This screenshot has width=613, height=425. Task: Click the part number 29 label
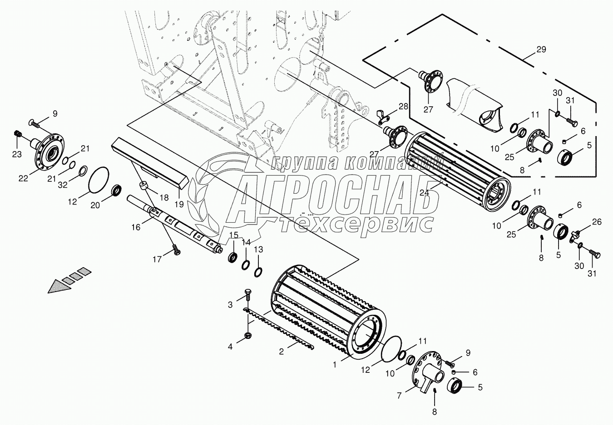pos(541,49)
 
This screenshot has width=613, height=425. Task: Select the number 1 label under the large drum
pos(336,364)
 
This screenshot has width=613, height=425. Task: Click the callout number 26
pos(597,222)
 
